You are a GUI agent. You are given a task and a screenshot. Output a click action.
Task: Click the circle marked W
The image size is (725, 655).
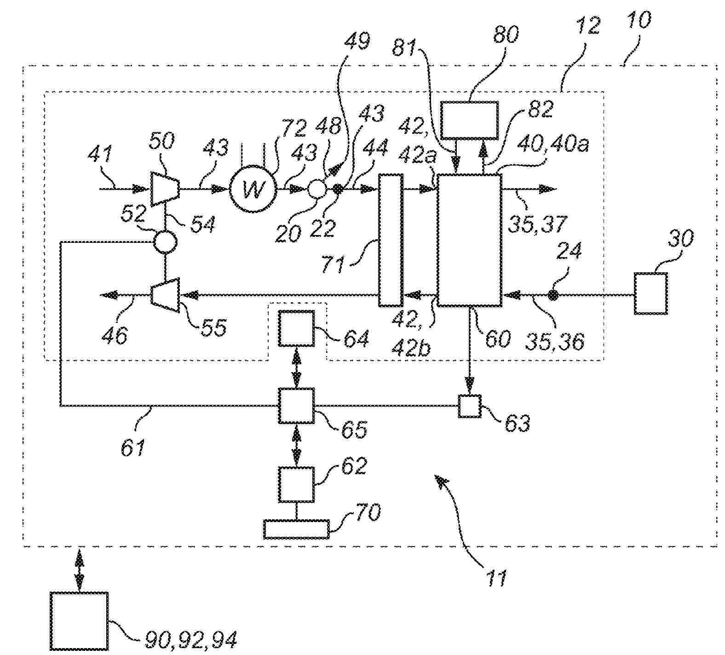[x=252, y=189]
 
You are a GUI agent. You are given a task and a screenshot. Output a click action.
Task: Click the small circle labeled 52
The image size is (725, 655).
[x=164, y=241]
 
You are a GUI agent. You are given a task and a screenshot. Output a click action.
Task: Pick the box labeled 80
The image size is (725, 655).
[x=469, y=120]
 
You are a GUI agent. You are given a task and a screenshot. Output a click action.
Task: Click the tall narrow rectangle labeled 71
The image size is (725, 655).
[x=390, y=240]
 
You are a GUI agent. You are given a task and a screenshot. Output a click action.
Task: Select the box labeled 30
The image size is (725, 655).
[x=650, y=293]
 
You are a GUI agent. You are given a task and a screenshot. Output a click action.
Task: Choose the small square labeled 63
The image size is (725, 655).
[x=470, y=406]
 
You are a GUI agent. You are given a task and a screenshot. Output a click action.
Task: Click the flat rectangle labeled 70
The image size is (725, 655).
[x=297, y=529]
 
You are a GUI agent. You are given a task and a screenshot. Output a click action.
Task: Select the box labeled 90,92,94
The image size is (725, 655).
[x=79, y=621]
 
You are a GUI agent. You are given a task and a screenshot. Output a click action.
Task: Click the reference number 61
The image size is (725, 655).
[x=133, y=447]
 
